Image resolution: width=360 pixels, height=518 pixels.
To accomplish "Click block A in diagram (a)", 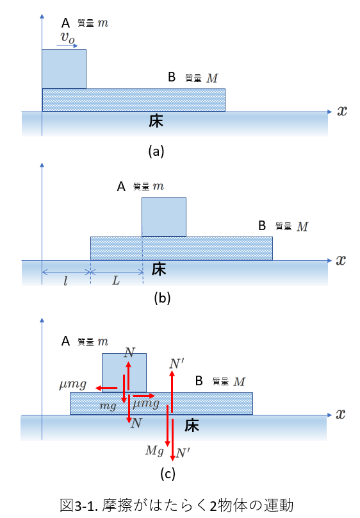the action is (x=64, y=69).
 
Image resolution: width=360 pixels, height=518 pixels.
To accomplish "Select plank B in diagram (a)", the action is (x=134, y=100).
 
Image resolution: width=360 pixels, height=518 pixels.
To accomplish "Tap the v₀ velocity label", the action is (x=68, y=38).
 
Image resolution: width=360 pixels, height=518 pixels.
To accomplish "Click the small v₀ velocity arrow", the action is (x=67, y=46).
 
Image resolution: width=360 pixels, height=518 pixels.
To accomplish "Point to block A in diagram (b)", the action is (x=164, y=217).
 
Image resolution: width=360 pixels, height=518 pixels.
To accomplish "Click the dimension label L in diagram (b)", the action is (x=116, y=281).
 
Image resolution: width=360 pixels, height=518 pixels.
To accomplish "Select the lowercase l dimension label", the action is (x=65, y=281).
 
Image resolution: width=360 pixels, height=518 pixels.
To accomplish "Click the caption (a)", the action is (x=156, y=151).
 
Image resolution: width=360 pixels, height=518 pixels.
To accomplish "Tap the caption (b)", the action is (x=162, y=298).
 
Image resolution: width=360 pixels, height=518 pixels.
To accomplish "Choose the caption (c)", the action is (x=168, y=474).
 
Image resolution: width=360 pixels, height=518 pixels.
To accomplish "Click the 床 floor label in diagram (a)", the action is (x=156, y=121).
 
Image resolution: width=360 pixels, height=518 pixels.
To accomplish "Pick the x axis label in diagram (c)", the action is (x=340, y=414).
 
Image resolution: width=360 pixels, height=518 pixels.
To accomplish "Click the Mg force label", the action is (x=154, y=451).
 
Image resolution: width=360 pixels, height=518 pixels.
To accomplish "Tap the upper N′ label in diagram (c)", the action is (x=177, y=363).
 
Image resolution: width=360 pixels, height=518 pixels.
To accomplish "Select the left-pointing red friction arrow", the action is (x=106, y=388).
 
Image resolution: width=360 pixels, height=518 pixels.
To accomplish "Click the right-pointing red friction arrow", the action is (x=144, y=396).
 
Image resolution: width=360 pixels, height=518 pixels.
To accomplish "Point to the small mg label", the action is (x=108, y=405).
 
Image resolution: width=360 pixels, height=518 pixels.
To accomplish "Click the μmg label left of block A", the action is (x=73, y=385).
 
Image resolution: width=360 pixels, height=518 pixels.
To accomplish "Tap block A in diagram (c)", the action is (x=124, y=372).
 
